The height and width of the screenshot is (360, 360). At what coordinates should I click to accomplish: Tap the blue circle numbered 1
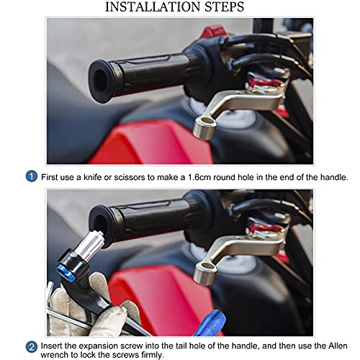[32, 176]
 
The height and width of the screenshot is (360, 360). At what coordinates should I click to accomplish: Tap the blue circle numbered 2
[32, 346]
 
